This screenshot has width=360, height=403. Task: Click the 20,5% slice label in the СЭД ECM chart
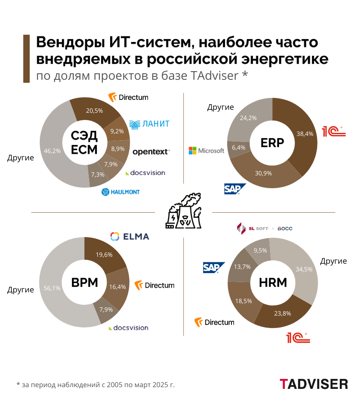94,110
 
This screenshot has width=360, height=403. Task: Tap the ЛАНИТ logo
150,124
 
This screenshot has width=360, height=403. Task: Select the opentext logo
151,151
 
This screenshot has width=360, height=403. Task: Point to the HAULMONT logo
120,192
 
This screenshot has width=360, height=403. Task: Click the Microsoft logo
207,150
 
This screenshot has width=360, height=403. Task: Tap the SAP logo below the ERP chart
235,189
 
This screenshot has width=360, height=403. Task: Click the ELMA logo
129,236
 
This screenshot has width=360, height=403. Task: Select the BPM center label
84,282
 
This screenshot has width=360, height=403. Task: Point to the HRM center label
273,282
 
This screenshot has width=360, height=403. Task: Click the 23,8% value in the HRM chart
282,313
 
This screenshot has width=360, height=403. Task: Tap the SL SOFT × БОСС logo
264,228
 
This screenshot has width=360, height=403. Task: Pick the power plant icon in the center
183,212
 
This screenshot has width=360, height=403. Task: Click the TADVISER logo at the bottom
314,384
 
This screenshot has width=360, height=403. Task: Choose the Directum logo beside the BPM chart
155,285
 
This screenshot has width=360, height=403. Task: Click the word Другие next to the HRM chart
333,261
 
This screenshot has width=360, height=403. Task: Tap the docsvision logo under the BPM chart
128,328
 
